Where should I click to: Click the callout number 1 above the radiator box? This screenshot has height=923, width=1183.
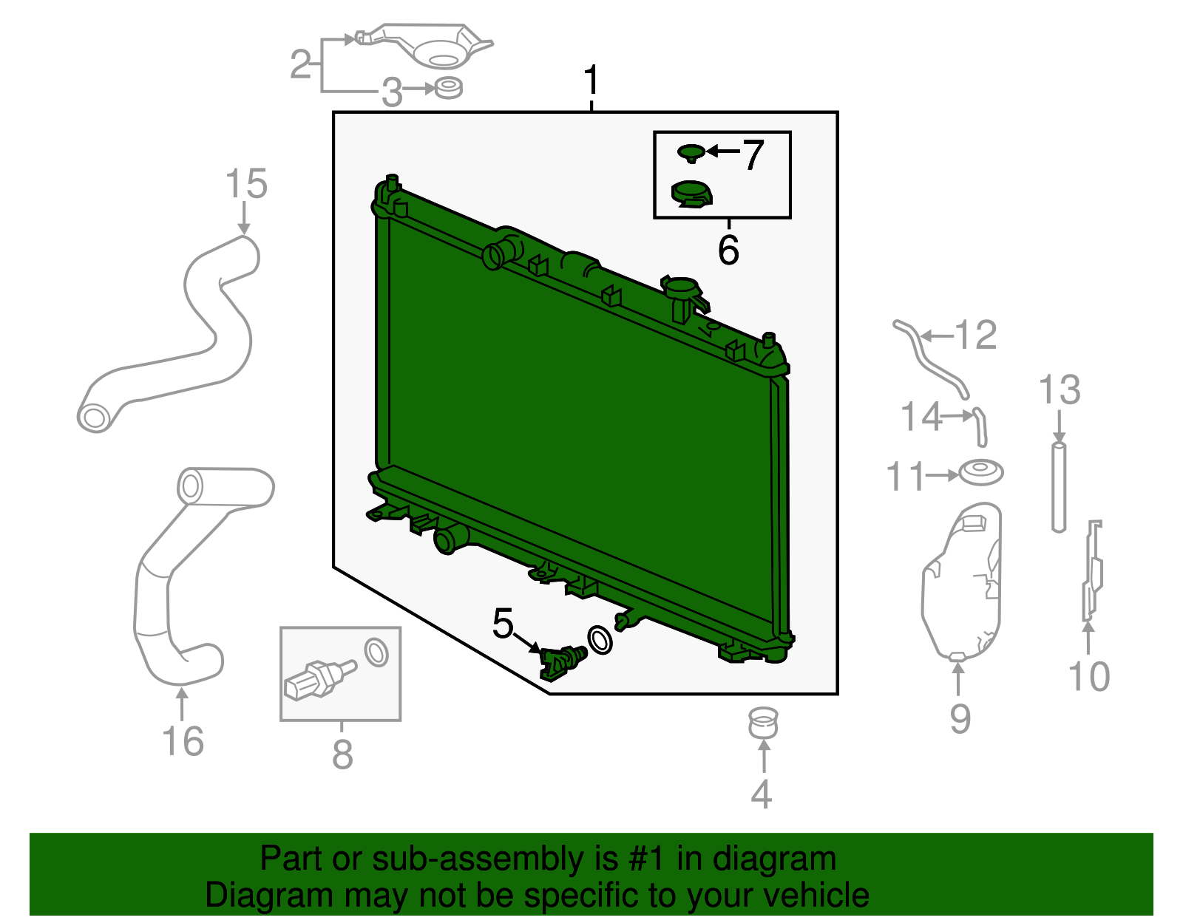coord(591,81)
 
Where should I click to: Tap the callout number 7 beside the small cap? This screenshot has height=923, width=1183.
coord(753,154)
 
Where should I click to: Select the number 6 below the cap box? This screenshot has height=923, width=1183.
coord(728,250)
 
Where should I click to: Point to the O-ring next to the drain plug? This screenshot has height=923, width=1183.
coord(600,640)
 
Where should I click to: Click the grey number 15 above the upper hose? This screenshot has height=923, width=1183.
coord(245,184)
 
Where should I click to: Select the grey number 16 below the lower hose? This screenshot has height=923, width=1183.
coord(183,741)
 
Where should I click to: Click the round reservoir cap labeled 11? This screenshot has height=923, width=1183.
coord(981,472)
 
